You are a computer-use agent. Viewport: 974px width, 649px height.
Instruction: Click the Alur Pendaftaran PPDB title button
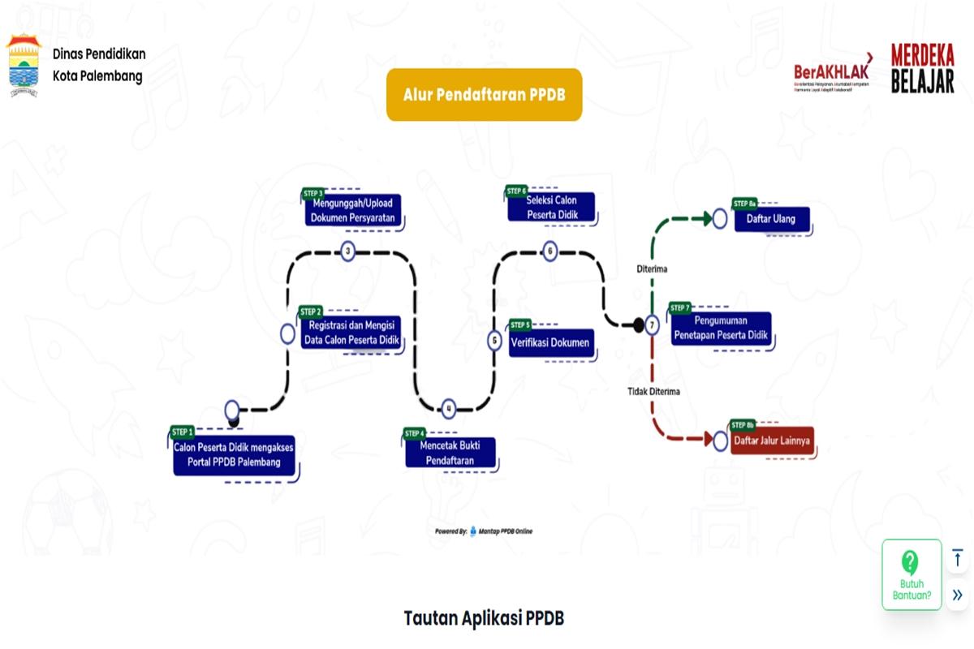[484, 95]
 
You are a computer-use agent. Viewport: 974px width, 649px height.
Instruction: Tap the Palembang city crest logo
[24, 65]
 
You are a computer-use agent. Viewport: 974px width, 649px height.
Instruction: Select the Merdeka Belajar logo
[922, 68]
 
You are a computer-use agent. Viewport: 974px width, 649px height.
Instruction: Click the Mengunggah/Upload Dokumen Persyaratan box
[352, 210]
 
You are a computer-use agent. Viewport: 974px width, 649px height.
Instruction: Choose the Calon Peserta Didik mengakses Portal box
[234, 455]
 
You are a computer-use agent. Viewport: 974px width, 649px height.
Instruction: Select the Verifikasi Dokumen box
[550, 342]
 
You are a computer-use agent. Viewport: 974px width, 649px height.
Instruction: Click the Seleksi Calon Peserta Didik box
[551, 206]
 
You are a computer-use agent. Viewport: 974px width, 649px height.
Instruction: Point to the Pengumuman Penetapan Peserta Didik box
[720, 328]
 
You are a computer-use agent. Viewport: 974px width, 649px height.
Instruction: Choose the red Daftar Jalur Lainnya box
[771, 441]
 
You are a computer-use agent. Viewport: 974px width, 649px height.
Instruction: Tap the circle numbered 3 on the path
[348, 251]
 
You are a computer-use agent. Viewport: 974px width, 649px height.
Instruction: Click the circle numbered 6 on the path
[550, 251]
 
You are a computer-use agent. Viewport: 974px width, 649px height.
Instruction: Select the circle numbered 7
[653, 325]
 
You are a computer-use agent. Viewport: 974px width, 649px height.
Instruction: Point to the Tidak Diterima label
[653, 391]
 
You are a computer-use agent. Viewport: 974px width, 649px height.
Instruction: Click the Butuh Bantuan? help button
[912, 575]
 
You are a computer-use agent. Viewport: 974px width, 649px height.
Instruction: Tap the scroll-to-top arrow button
[958, 558]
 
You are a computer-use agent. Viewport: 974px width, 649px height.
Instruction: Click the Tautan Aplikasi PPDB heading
[484, 618]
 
